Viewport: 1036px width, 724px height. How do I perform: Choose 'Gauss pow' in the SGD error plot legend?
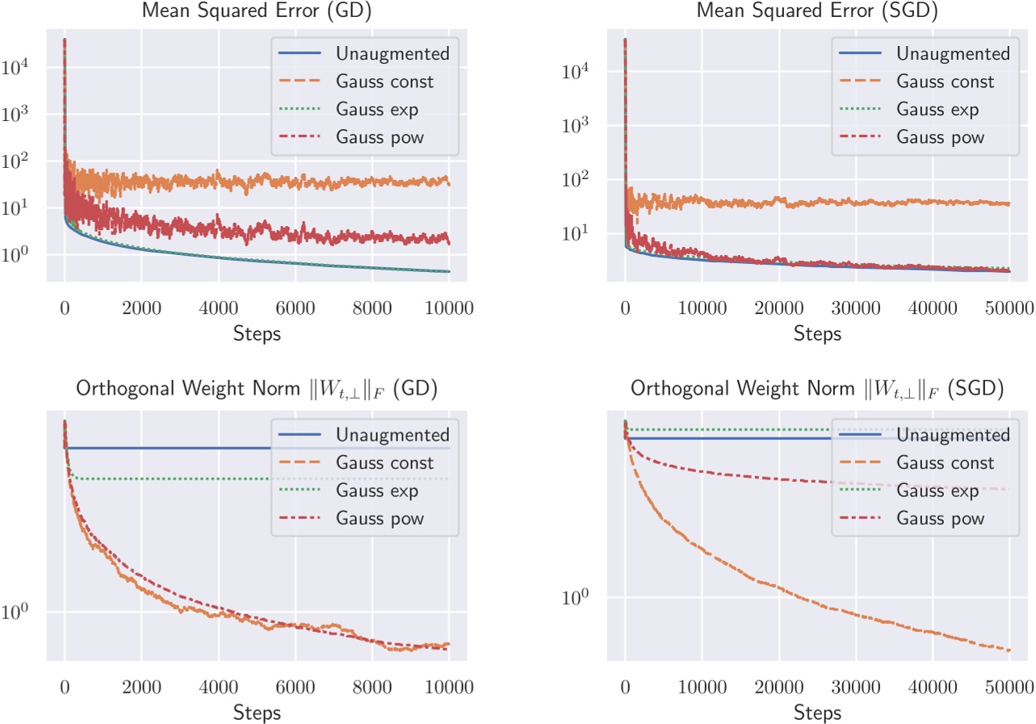click(940, 136)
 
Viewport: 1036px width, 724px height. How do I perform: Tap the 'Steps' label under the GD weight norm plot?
click(256, 713)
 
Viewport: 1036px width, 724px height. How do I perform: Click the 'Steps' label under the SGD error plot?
click(817, 333)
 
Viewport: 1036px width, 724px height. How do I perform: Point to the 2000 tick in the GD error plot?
click(141, 308)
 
